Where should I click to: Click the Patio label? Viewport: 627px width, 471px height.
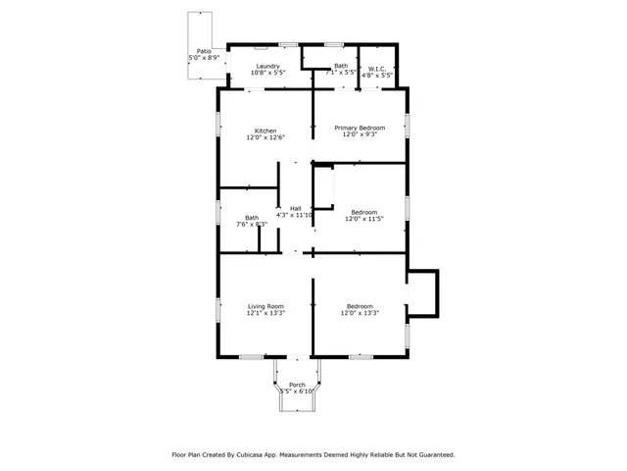(x=204, y=51)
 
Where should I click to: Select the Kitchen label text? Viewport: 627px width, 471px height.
(x=265, y=131)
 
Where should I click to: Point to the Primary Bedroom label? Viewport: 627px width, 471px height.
(x=359, y=128)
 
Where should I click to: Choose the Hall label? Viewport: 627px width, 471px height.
(x=295, y=208)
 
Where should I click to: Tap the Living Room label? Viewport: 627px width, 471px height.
(x=265, y=306)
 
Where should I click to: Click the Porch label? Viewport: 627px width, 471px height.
(x=297, y=385)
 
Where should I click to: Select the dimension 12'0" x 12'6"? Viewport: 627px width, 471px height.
(x=265, y=137)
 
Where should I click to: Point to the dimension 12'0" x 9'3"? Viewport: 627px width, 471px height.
(x=359, y=134)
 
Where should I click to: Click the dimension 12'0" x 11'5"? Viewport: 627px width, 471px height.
(x=363, y=220)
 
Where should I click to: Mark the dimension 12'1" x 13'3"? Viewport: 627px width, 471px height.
(x=265, y=313)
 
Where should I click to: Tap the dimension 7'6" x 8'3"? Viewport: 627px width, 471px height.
(x=252, y=225)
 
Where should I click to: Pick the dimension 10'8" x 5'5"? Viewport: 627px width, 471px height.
(x=267, y=73)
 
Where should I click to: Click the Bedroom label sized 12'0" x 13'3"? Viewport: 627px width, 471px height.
(x=360, y=306)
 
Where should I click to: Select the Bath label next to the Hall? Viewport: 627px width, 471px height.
(x=252, y=218)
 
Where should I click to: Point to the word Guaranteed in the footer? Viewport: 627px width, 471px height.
(x=431, y=454)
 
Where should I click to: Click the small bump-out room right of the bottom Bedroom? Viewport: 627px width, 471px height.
(x=422, y=292)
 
